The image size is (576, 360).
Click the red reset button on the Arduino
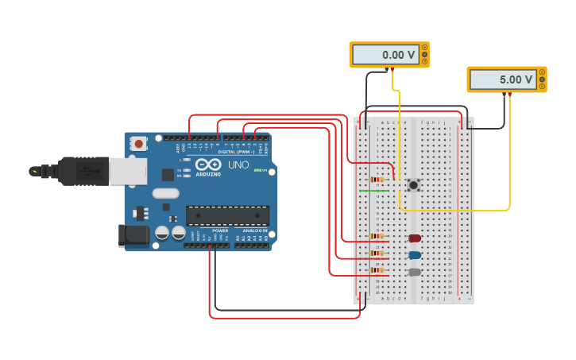[139, 144]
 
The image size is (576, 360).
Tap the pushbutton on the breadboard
[413, 185]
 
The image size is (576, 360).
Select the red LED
[415, 238]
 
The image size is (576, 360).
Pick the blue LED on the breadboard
[415, 255]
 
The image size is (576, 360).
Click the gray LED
[415, 272]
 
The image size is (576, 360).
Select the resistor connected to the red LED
[377, 236]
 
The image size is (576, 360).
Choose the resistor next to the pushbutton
[377, 180]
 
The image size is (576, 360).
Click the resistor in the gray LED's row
[377, 270]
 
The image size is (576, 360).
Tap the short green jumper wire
[374, 191]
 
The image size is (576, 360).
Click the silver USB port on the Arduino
[128, 171]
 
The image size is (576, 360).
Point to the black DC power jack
[133, 235]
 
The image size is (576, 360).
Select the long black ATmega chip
[227, 215]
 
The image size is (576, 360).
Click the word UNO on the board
[238, 165]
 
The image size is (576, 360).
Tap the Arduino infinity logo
[207, 164]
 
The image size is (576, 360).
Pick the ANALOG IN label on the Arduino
[255, 230]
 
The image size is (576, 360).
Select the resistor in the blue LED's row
[377, 254]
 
